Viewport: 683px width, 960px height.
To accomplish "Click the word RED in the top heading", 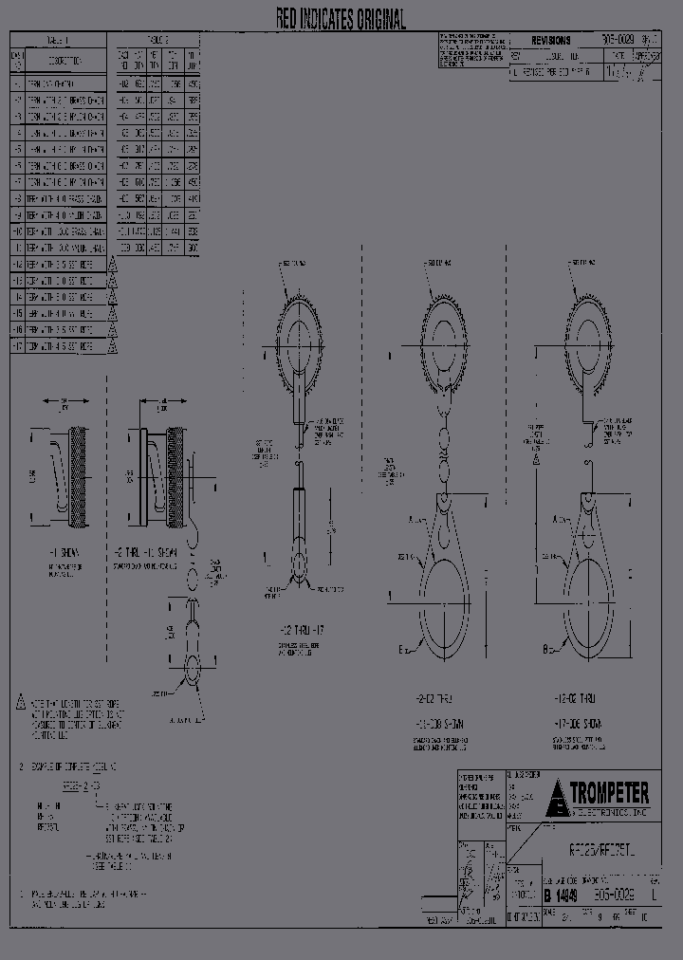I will (x=288, y=19).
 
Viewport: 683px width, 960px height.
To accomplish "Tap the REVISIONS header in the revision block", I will (x=551, y=41).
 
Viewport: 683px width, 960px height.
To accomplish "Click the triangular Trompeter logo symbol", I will (x=557, y=797).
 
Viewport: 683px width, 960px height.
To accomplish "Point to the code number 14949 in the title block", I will (x=565, y=895).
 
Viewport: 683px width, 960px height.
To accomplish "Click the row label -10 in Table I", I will (x=17, y=231).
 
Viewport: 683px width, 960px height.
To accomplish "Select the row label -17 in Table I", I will (x=17, y=347).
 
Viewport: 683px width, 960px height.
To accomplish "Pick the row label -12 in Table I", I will (x=17, y=265).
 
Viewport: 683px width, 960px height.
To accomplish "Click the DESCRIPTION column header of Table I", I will (x=65, y=61).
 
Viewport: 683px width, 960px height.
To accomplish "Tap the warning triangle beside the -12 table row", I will (x=112, y=265).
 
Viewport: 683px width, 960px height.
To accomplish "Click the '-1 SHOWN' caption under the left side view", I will (x=64, y=552).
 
